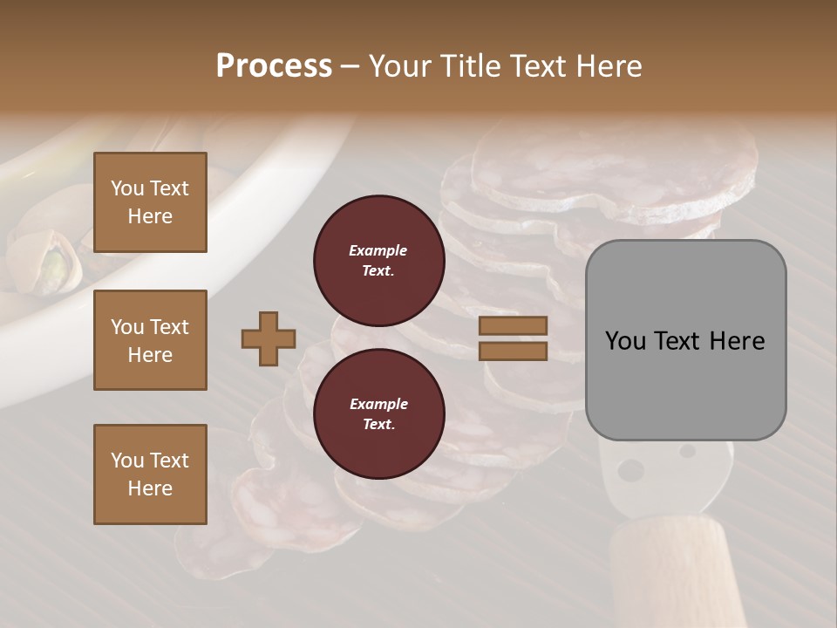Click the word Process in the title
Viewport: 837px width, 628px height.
click(274, 66)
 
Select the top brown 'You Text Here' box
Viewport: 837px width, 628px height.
click(150, 202)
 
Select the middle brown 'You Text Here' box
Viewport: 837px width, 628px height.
click(150, 340)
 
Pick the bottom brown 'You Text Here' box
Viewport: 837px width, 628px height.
click(150, 474)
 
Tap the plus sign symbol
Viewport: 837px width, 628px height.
click(269, 338)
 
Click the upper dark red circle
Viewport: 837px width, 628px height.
click(378, 261)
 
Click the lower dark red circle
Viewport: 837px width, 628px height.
click(378, 414)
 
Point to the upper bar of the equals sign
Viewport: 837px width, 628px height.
click(513, 326)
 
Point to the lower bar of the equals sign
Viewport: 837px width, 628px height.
click(513, 351)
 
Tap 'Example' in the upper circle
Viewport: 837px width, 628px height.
click(378, 250)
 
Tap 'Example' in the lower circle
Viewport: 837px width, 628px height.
click(378, 404)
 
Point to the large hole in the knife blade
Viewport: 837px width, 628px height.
click(629, 471)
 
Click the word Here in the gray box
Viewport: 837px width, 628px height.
click(734, 341)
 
